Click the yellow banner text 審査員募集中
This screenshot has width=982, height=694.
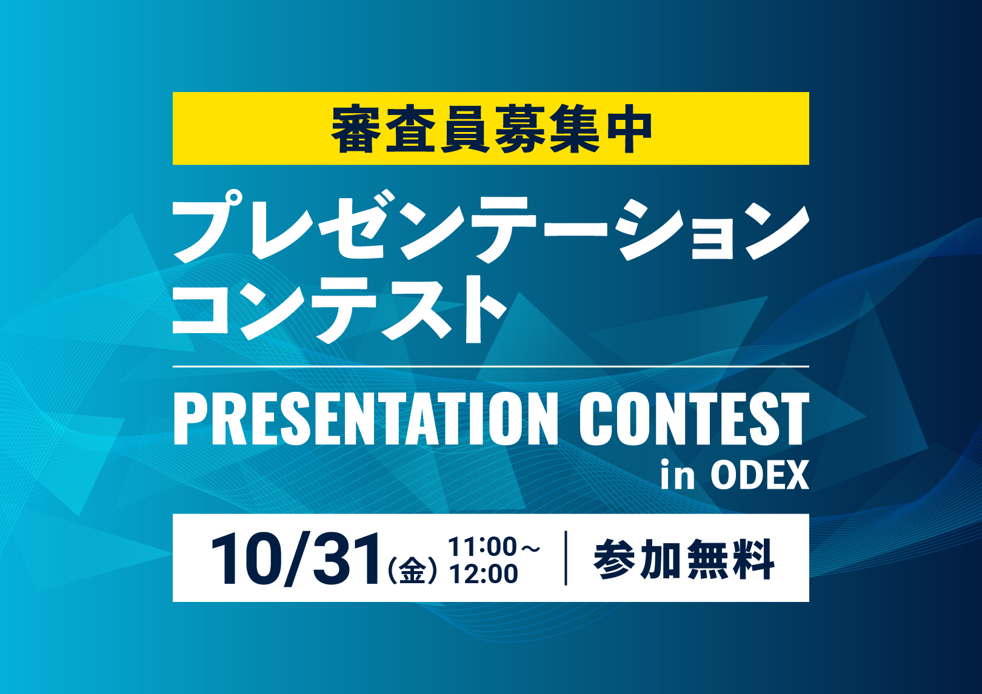[x=491, y=129]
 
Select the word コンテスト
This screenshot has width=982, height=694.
[x=339, y=309]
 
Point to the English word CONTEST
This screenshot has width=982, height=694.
[x=694, y=418]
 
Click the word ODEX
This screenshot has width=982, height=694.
[x=760, y=475]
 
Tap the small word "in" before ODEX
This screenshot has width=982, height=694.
[x=677, y=474]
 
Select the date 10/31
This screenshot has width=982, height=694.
[x=295, y=560]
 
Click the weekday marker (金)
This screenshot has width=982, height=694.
[x=413, y=570]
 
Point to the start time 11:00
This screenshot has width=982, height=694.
[x=483, y=547]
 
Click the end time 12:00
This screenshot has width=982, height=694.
[x=484, y=573]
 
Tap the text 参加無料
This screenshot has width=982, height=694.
[x=684, y=560]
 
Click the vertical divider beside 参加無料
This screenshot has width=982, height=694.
[x=566, y=558]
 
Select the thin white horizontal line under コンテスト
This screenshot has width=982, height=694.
[x=491, y=366]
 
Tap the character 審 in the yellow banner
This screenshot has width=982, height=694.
[x=356, y=129]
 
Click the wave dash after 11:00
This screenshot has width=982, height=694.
[x=530, y=547]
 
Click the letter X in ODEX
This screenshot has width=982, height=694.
[x=796, y=475]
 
